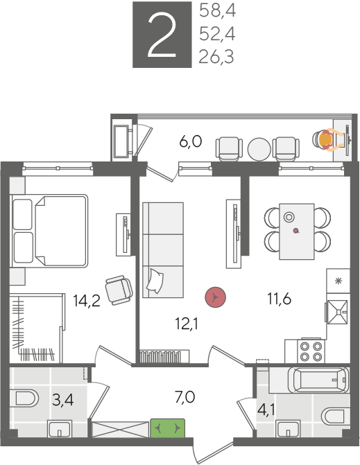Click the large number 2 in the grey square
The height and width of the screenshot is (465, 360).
[162, 35]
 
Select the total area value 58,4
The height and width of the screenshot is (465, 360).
[218, 12]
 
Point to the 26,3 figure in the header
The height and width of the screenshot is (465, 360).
[216, 57]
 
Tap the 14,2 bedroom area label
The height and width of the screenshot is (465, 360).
[87, 301]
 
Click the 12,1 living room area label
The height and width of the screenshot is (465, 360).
[187, 324]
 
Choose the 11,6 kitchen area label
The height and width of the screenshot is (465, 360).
[280, 299]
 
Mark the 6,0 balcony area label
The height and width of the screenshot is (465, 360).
[191, 141]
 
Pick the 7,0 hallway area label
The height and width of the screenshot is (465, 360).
[185, 397]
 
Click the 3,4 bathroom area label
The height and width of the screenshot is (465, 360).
[62, 400]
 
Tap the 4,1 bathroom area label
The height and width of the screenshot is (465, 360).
[266, 410]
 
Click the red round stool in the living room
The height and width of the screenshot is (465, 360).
[216, 297]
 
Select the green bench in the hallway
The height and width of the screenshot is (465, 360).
[168, 428]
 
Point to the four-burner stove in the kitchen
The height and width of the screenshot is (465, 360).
[311, 351]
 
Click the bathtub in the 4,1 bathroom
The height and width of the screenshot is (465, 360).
[321, 380]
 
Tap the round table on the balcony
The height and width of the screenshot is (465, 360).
[259, 149]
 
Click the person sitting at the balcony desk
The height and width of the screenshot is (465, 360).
[328, 140]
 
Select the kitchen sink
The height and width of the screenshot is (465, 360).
[338, 312]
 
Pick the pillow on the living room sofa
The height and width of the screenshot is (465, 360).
[155, 281]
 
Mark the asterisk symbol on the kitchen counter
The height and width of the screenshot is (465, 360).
[338, 281]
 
